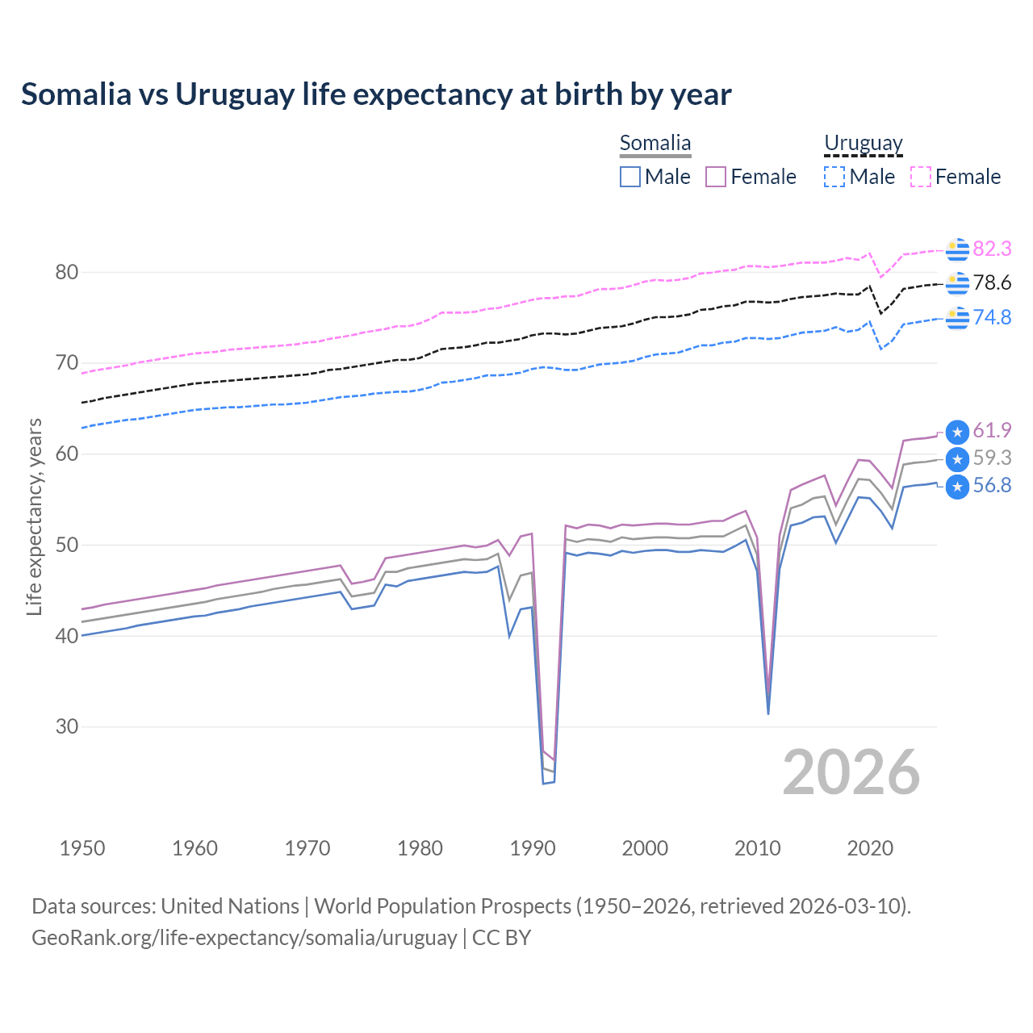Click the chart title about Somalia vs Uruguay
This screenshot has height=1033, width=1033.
[376, 94]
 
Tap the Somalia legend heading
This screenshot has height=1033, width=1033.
[655, 144]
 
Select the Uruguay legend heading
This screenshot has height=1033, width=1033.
[863, 144]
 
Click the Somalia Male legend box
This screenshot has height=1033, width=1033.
[630, 177]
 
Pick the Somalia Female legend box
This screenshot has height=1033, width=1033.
[716, 177]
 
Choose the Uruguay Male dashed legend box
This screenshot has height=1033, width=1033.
[834, 177]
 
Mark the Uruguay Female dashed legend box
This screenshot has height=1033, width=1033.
[921, 177]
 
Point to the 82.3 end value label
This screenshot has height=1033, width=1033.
[992, 249]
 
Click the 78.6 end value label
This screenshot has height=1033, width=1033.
[992, 282]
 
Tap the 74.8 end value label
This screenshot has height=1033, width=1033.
[992, 317]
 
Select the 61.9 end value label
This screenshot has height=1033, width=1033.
[992, 430]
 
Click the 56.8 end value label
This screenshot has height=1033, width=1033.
[992, 485]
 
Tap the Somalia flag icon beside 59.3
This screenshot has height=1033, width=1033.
[957, 459]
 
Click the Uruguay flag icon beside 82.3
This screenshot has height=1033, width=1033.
[957, 250]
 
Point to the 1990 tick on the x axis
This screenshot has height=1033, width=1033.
[533, 848]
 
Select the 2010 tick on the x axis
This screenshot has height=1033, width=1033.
[758, 848]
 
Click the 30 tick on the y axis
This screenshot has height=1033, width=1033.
[67, 726]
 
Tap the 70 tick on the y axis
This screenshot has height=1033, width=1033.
[67, 363]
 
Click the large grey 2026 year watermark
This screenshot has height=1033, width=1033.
[851, 772]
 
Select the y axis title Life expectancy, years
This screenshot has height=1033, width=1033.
[34, 516]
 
